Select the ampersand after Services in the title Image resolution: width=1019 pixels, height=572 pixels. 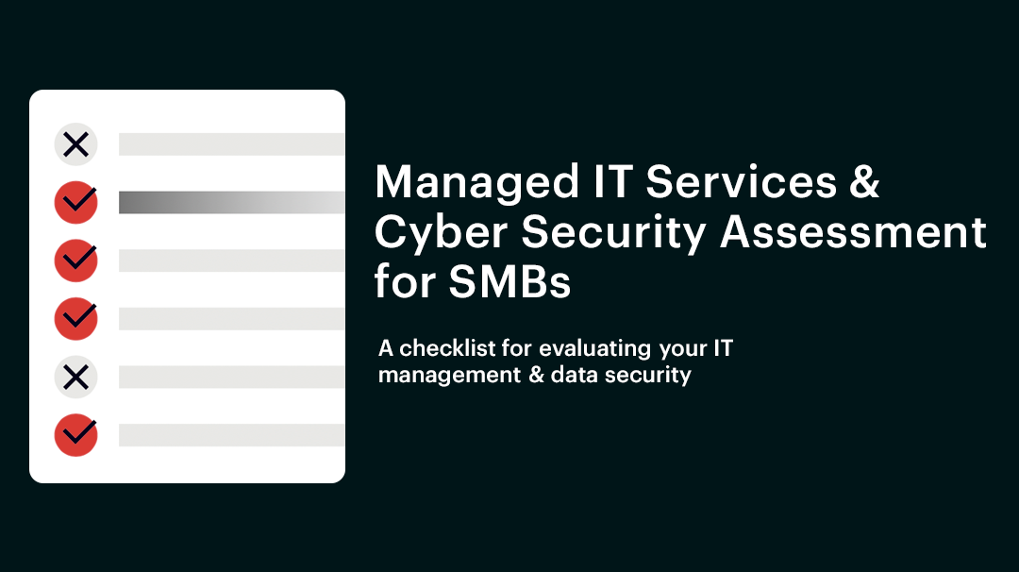pyautogui.click(x=863, y=181)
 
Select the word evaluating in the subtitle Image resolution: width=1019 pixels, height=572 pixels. pyautogui.click(x=594, y=348)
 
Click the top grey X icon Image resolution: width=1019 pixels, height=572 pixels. pyautogui.click(x=75, y=144)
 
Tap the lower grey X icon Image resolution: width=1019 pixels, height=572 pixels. pyautogui.click(x=75, y=377)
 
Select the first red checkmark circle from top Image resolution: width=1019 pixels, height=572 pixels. pyautogui.click(x=75, y=202)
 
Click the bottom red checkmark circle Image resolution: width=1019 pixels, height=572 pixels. pyautogui.click(x=75, y=434)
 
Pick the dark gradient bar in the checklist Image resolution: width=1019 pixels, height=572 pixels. pyautogui.click(x=231, y=202)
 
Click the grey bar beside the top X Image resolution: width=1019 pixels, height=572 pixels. pyautogui.click(x=231, y=144)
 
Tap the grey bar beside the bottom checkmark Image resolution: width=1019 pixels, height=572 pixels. pyautogui.click(x=231, y=434)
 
